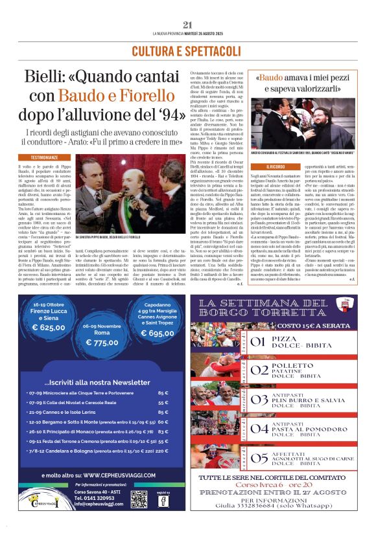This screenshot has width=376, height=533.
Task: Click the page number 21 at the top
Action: [188, 25]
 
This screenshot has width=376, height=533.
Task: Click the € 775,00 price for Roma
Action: [102, 343]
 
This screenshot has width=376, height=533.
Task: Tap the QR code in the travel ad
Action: [139, 499]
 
